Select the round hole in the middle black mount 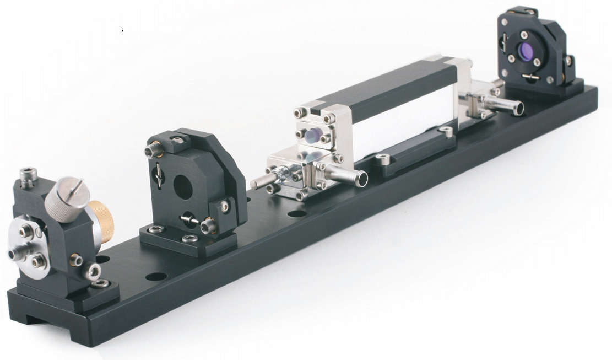tap(183, 188)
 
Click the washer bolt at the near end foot tap(101, 283)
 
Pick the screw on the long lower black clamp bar tap(384, 160)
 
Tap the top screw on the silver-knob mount tap(27, 175)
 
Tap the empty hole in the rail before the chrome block tap(296, 213)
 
